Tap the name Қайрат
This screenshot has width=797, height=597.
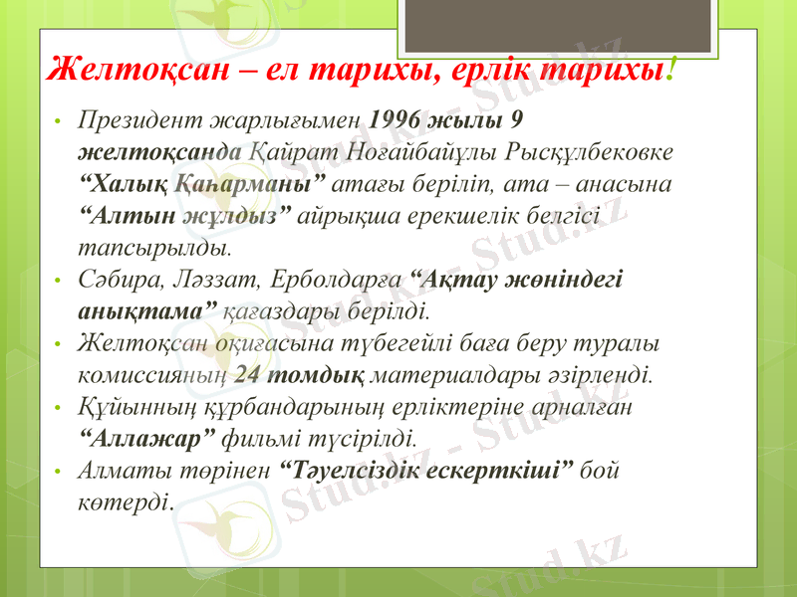tap(295, 152)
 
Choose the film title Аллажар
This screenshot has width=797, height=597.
tap(145, 437)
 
